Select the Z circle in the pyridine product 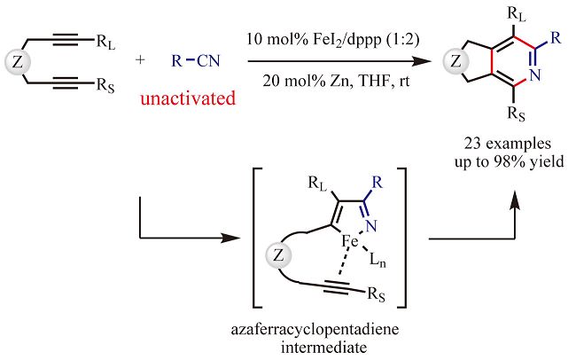[x=455, y=63]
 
